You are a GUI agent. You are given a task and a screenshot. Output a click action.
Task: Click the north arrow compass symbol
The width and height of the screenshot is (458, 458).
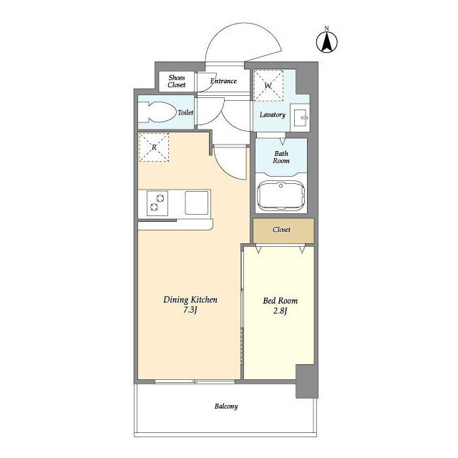coord(327,42)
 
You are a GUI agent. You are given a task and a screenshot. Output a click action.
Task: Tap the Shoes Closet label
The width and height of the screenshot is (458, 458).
coord(177,81)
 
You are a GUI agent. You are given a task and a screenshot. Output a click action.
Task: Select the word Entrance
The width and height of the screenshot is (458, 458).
coord(223,81)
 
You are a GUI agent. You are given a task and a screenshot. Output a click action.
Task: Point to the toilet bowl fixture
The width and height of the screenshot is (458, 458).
coord(158,112)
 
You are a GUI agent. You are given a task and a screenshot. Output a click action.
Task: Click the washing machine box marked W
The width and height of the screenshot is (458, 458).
coord(268,86)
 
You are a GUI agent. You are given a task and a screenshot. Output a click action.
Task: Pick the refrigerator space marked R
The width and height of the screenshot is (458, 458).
coord(154,147)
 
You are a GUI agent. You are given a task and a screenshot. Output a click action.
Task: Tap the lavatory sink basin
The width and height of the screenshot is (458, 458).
coord(300,117)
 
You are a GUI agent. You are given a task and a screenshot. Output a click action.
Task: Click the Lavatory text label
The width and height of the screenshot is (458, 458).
coord(272,114)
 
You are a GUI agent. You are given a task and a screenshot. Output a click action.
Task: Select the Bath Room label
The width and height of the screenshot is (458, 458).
coord(281,157)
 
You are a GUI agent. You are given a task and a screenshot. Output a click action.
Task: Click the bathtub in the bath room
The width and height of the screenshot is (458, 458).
coord(281,195)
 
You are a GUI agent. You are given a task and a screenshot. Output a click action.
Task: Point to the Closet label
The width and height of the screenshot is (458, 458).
coord(281,230)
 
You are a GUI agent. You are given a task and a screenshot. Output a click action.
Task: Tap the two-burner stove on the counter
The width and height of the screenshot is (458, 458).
coord(157,203)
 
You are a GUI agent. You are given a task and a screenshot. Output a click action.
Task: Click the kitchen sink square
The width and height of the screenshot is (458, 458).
coord(197,203)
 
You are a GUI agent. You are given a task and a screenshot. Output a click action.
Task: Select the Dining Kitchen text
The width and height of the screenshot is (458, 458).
coord(190,300)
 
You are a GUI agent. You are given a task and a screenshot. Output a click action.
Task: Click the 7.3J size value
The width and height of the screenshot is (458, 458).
coord(190,310)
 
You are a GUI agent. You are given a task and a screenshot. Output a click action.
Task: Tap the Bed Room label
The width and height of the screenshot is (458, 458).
coord(281,301)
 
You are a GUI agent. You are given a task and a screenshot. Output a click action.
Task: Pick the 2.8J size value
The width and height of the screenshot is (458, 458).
coord(281,311)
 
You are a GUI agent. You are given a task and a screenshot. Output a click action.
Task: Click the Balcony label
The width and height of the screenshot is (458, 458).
coord(226,406)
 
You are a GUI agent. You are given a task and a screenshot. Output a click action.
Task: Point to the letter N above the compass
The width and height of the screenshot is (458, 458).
coord(327,29)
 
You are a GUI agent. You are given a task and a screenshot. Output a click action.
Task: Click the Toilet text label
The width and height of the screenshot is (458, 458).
coord(185,112)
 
